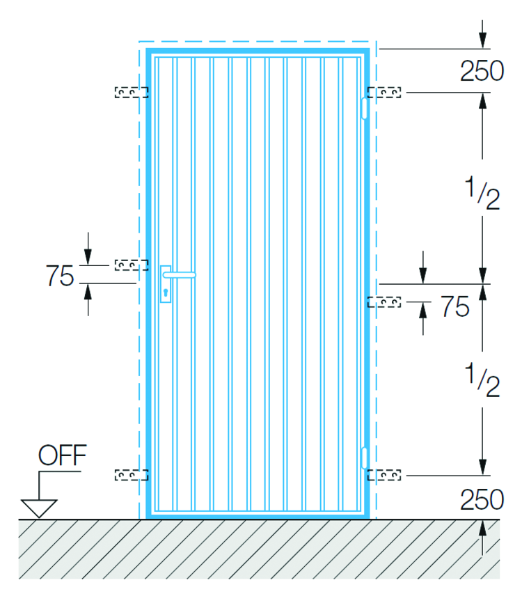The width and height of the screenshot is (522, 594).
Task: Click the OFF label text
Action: pos(63,455)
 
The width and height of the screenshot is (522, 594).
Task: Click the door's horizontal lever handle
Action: pos(180,275)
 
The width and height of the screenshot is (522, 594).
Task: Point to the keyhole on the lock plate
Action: pos(166,292)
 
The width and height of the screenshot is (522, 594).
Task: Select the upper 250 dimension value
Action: pos(482,71)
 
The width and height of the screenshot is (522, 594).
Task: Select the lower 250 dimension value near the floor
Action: pos(482,500)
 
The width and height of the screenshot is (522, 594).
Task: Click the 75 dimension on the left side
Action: pos(60,275)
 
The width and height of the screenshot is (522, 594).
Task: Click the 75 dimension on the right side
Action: pos(455,306)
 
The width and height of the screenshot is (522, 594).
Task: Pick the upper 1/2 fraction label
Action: pos(482,192)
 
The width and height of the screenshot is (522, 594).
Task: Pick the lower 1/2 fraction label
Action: pos(482,380)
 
